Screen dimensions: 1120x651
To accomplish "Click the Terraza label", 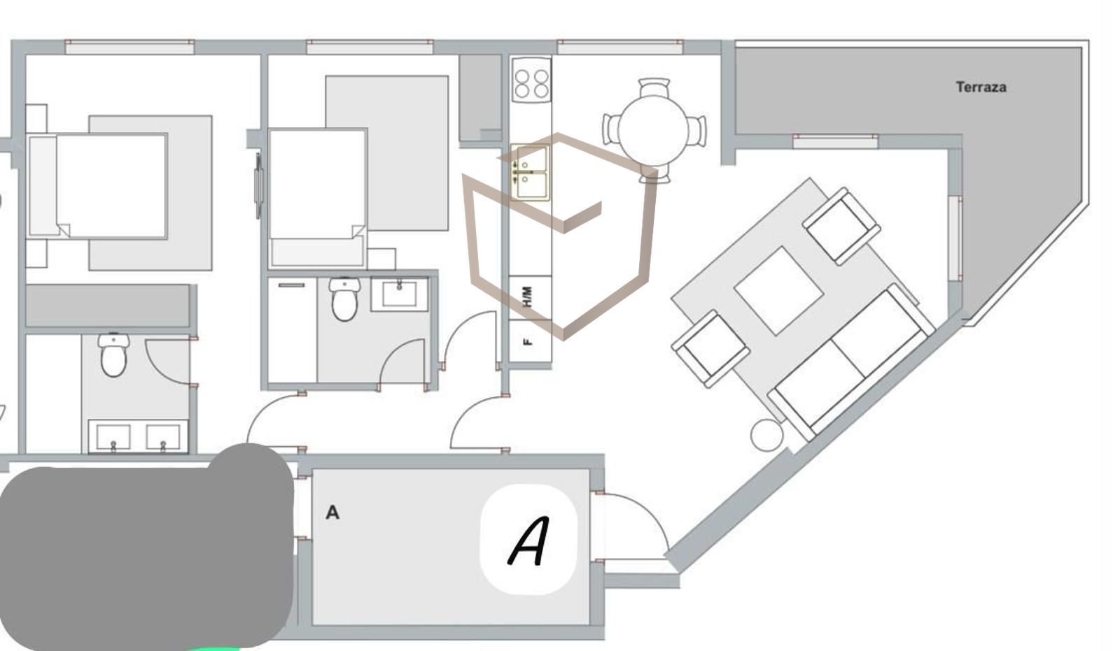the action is pyautogui.click(x=981, y=87).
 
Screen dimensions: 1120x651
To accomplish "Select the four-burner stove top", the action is pyautogui.click(x=531, y=80).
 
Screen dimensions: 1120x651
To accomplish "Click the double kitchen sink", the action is pyautogui.click(x=530, y=173).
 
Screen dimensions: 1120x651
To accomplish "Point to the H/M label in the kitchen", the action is pyautogui.click(x=528, y=296).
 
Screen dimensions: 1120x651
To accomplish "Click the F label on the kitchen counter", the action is pyautogui.click(x=527, y=342).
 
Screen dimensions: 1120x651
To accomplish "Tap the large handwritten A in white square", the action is pyautogui.click(x=529, y=540).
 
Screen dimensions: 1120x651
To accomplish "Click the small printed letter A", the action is pyautogui.click(x=332, y=512).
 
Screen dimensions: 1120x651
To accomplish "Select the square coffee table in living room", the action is pyautogui.click(x=778, y=291).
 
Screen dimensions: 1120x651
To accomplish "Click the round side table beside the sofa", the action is pyautogui.click(x=766, y=436).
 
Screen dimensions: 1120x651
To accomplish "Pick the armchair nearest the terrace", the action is pyautogui.click(x=841, y=227).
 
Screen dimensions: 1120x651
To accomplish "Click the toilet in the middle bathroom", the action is pyautogui.click(x=344, y=299).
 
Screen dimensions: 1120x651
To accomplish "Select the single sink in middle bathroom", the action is pyautogui.click(x=400, y=294).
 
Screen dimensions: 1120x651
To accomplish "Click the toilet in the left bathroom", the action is pyautogui.click(x=113, y=355).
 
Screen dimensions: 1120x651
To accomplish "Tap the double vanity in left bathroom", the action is pyautogui.click(x=138, y=436).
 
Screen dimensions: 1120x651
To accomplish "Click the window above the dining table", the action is pyautogui.click(x=619, y=47).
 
